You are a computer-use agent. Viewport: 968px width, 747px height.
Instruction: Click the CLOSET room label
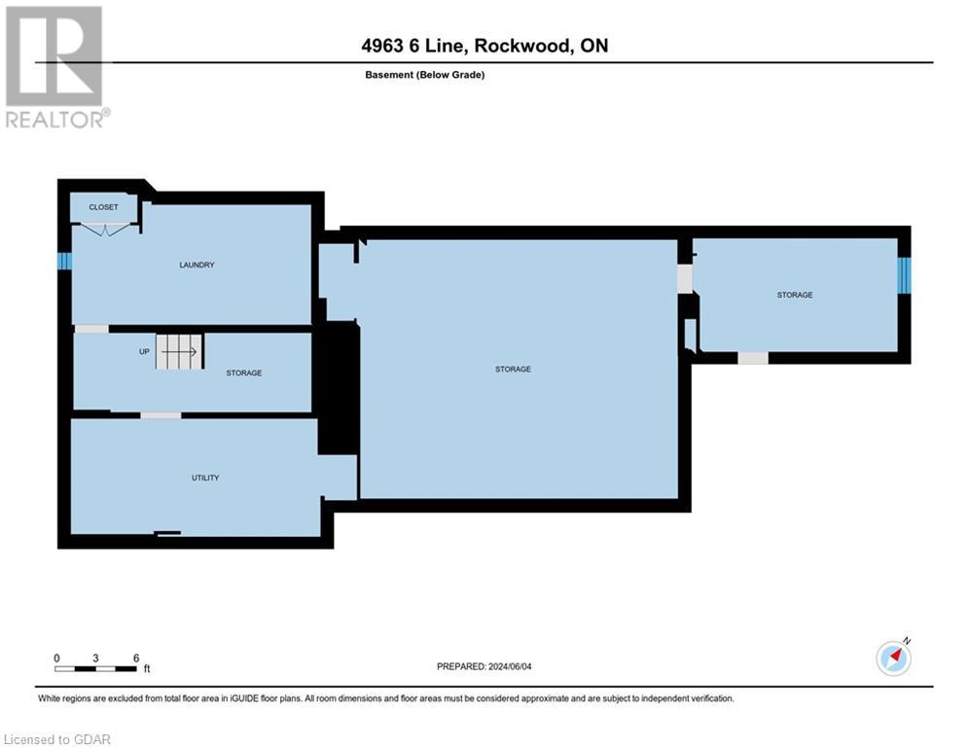[103, 207]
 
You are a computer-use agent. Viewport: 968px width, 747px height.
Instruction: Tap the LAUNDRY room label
[197, 265]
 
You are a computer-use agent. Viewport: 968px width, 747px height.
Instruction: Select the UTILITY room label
[204, 478]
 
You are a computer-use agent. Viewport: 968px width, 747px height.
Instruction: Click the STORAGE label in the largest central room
[513, 369]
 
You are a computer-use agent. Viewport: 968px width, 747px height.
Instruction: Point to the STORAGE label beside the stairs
[243, 373]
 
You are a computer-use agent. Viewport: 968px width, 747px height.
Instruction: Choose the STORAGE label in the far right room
[794, 295]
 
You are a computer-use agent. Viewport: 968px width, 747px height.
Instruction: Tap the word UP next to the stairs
[144, 351]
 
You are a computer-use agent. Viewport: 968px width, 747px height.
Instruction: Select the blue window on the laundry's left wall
[64, 261]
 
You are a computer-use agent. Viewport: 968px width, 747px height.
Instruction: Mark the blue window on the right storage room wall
[904, 275]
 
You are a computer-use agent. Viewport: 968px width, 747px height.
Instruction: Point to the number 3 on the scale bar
[95, 658]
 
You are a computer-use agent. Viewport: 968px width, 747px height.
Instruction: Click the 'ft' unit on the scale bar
[147, 669]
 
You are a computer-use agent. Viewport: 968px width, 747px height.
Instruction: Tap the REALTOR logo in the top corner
[55, 68]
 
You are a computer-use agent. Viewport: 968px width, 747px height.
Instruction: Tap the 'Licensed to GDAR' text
[57, 739]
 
